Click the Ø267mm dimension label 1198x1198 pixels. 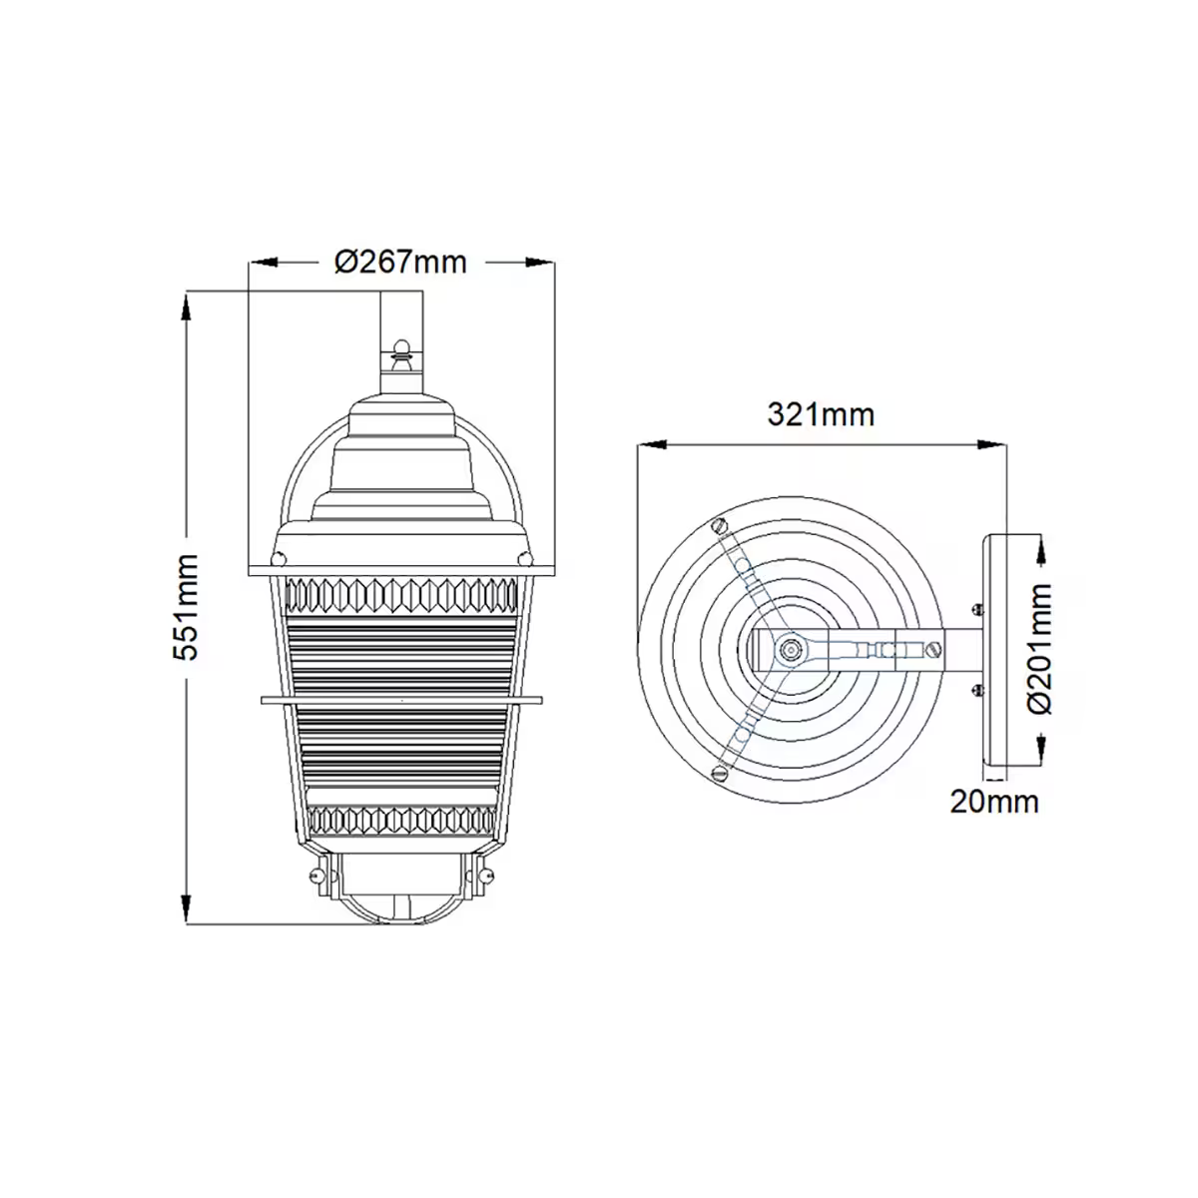point(400,262)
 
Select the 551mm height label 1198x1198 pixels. point(187,606)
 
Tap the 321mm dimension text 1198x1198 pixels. point(821,414)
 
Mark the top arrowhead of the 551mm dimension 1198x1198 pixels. point(187,305)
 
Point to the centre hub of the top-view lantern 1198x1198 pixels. point(790,649)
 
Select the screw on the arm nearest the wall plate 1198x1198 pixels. point(934,649)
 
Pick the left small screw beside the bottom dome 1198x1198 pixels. point(317,876)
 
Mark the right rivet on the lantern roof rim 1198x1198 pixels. point(522,556)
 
